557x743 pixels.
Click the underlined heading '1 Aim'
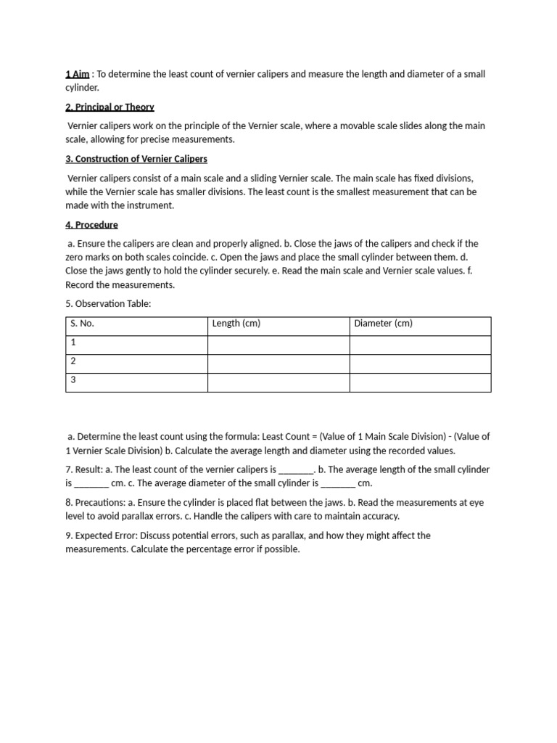[77, 74]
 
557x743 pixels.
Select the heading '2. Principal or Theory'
[110, 107]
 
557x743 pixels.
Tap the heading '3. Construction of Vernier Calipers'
[136, 159]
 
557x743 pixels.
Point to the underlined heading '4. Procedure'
[91, 225]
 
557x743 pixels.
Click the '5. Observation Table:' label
[108, 304]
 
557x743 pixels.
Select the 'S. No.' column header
[82, 324]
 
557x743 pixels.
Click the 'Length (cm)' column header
[236, 324]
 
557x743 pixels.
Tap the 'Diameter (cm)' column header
[383, 324]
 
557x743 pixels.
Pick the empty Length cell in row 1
[278, 345]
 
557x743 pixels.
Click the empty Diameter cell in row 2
[420, 364]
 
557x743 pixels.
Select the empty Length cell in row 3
[278, 382]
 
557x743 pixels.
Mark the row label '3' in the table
[73, 379]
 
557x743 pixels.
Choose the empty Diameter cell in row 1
[420, 345]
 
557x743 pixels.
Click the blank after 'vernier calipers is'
[296, 470]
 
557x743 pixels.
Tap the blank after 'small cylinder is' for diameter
[338, 483]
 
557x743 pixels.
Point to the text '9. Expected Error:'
[102, 535]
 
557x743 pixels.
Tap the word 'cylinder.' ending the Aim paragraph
[81, 87]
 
